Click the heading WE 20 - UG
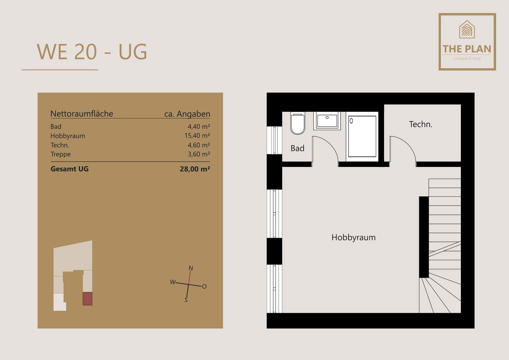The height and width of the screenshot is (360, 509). [x=92, y=52]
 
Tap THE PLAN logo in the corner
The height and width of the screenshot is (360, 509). [x=467, y=42]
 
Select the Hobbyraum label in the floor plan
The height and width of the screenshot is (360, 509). [x=353, y=237]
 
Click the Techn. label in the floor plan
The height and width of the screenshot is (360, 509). [x=421, y=124]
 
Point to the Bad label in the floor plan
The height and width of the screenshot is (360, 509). [x=297, y=149]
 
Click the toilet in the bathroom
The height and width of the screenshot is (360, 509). [x=298, y=124]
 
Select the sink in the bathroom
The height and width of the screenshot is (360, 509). [x=327, y=121]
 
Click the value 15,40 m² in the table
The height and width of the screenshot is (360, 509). [x=199, y=136]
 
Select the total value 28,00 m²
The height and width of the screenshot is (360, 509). [x=195, y=169]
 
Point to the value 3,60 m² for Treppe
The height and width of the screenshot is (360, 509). [x=199, y=154]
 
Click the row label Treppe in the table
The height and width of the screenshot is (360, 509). [x=60, y=154]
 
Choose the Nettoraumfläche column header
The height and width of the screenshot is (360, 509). [x=82, y=114]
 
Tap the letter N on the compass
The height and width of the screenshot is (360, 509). [x=191, y=268]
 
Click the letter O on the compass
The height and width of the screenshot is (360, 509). [x=204, y=286]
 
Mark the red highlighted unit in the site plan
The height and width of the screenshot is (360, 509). [x=87, y=299]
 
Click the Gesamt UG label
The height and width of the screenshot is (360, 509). [x=70, y=169]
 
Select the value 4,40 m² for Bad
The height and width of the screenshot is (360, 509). [x=199, y=127]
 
